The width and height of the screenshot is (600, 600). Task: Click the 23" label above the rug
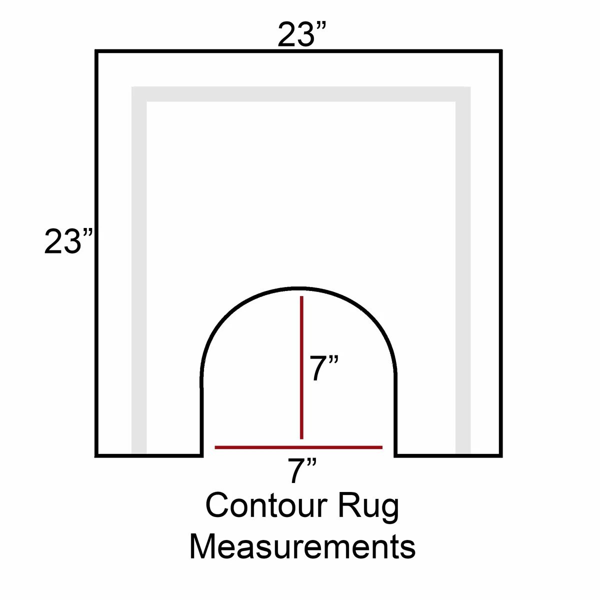tap(302, 34)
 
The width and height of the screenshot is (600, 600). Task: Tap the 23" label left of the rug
tap(68, 241)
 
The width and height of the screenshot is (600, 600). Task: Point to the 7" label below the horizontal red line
tap(302, 470)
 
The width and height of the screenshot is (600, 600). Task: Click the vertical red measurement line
tap(301, 367)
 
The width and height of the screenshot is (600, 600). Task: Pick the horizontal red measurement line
tap(298, 447)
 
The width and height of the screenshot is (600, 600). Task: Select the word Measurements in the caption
tap(302, 547)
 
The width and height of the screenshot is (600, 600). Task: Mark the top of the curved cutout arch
tap(298, 288)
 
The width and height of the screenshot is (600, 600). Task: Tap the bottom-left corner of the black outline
tap(96, 455)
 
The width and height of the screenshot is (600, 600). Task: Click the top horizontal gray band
tap(301, 94)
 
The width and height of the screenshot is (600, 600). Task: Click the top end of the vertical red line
tap(301, 296)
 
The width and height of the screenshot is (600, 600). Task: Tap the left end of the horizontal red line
tap(215, 447)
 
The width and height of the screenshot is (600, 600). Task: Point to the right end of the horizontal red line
tap(382, 447)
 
